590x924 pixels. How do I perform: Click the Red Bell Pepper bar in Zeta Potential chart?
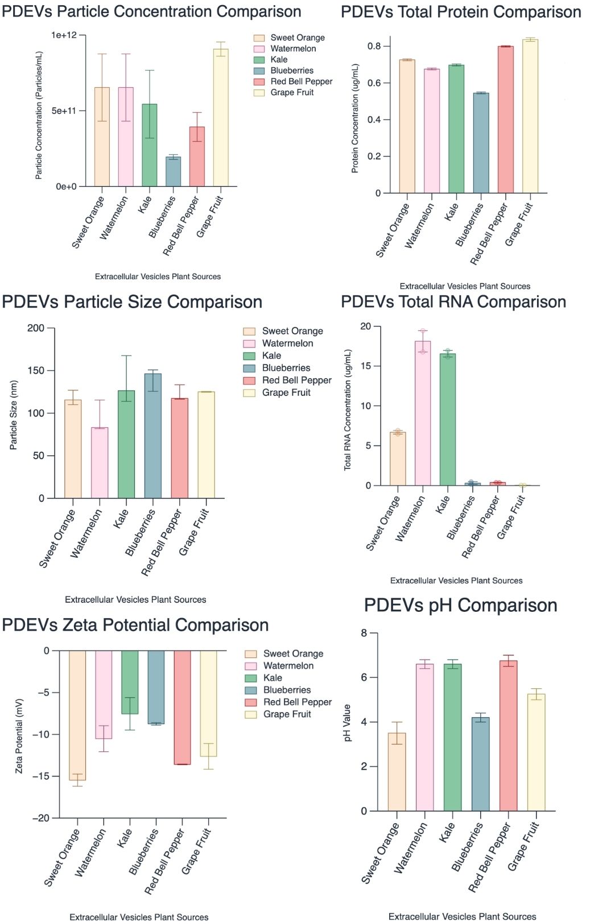coord(182,707)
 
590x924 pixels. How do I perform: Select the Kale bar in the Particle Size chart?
coord(126,444)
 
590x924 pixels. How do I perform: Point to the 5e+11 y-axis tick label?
coord(64,111)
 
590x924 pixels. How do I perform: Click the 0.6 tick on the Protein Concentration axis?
coord(374,83)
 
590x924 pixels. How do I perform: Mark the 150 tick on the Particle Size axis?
coord(36,371)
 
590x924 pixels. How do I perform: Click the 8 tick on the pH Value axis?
coord(364,633)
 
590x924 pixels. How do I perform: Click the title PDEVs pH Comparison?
coord(460,605)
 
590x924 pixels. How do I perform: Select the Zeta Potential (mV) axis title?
coord(19,735)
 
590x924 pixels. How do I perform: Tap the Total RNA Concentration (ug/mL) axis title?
coord(348,410)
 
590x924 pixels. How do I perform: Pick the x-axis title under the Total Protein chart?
coord(465,286)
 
